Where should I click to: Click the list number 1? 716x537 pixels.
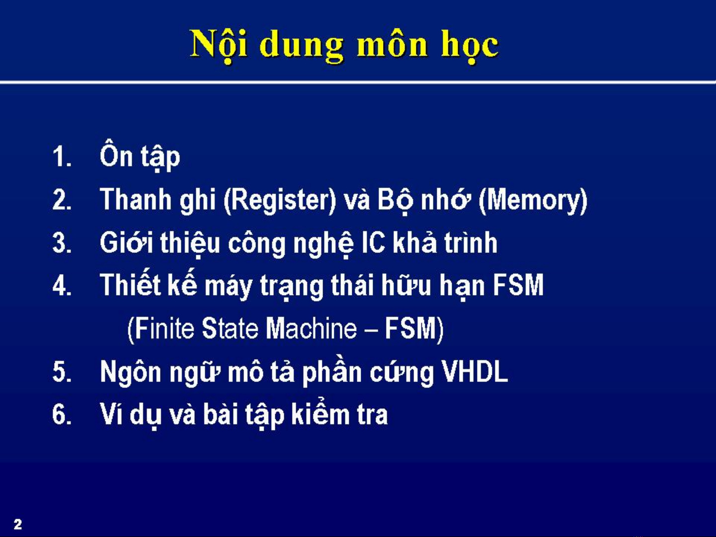(62, 157)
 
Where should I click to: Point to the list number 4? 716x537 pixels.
(62, 285)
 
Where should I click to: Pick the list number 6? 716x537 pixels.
(62, 414)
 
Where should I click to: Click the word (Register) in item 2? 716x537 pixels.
(280, 200)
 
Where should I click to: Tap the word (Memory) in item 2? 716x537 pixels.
(533, 200)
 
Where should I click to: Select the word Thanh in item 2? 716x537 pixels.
(136, 199)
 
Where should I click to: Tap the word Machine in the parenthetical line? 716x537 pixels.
(311, 328)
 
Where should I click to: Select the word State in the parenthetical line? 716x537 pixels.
(230, 328)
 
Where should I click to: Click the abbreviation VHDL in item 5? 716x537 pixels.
(475, 372)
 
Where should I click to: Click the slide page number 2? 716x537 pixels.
(17, 524)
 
